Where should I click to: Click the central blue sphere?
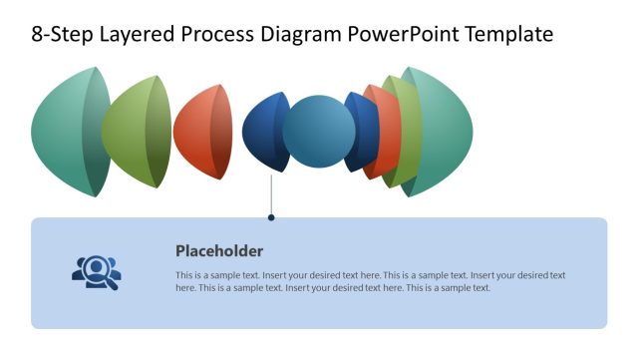coord(319,132)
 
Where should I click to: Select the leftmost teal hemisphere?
coord(65,132)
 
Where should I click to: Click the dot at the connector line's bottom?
coord(271,216)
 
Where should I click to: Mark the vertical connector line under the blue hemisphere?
coord(271,194)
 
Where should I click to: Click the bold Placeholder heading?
coord(219,251)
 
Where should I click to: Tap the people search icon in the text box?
coord(96,271)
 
